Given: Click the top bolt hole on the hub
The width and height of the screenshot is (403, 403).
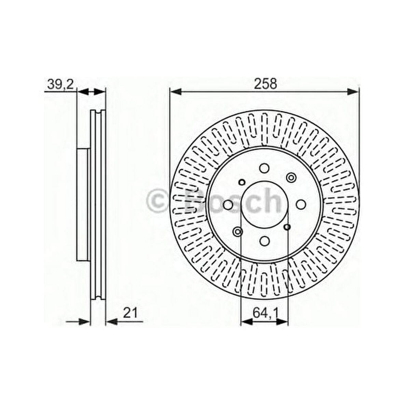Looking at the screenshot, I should click(264, 168).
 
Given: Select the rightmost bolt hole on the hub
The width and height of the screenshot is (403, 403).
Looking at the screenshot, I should click(301, 204).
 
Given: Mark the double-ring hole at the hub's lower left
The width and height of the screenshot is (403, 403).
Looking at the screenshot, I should click(237, 232).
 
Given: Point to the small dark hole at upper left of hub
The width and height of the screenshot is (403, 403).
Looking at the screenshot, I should click(242, 182).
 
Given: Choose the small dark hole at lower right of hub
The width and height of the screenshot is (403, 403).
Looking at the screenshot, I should click(287, 227).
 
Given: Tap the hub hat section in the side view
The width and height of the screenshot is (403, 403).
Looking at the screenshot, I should click(83, 205).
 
